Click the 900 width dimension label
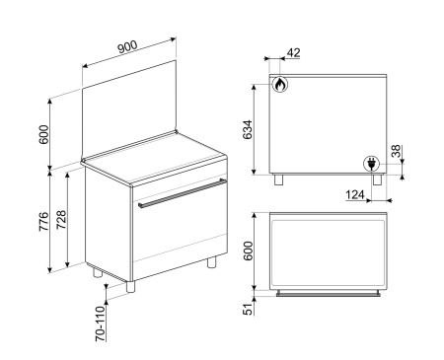tap(127, 46)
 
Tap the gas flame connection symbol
tap(280, 84)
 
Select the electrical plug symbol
tap(371, 164)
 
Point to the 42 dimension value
tap(294, 52)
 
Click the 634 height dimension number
tap(248, 129)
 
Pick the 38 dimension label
tap(396, 151)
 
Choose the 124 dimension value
tap(355, 194)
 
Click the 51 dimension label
tap(249, 309)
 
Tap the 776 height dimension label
tap(43, 222)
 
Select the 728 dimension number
tap(61, 220)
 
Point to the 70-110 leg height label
tap(101, 324)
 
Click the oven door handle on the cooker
tap(183, 193)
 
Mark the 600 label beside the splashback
tap(43, 134)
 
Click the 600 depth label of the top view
tap(249, 251)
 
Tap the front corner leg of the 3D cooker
tap(130, 287)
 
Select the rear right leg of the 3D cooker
tap(212, 262)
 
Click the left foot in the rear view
tap(278, 180)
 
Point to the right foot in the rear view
tap(377, 180)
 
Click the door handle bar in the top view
tap(329, 293)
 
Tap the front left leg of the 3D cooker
tap(98, 273)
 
